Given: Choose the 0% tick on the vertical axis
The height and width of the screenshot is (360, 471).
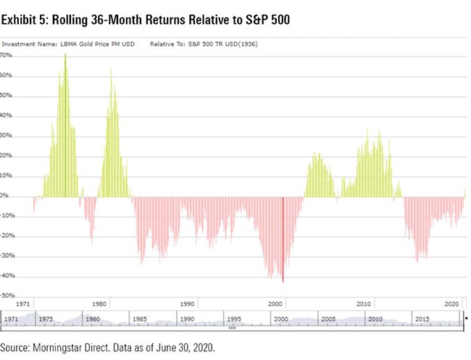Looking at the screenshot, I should [x=4, y=196].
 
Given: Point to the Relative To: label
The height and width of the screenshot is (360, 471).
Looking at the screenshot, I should [x=169, y=44].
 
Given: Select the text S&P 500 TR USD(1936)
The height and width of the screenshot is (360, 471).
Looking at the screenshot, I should [x=225, y=44].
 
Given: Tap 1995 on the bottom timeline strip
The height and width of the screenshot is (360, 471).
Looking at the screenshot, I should [x=233, y=319].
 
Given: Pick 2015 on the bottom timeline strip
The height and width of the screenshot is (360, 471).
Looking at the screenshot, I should [x=422, y=319].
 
